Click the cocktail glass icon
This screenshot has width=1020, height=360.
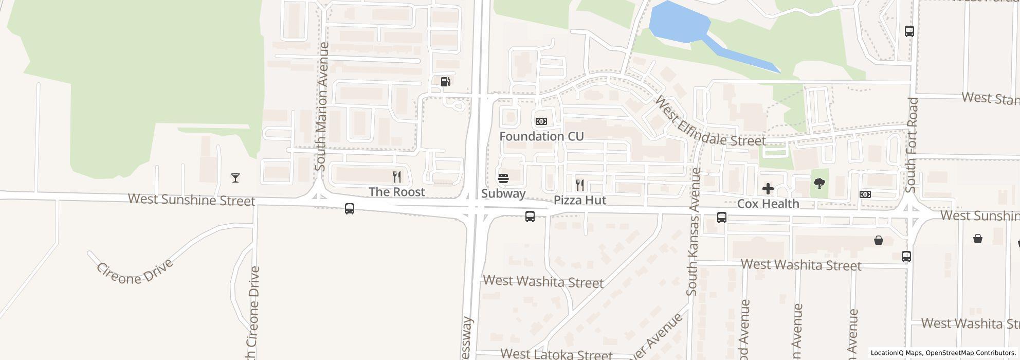[235, 178]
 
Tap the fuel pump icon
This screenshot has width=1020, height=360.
[446, 81]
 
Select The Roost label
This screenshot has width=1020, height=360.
[397, 192]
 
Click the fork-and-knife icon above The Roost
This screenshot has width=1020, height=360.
[397, 177]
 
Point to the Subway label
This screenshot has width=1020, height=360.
[503, 193]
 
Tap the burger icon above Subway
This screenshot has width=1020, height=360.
[504, 178]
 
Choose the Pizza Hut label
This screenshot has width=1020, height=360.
[580, 200]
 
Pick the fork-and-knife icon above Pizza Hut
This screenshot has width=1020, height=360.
[580, 185]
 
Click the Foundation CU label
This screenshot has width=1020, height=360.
[541, 136]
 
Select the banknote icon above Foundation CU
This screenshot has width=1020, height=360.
[541, 121]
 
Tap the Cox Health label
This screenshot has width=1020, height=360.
[768, 204]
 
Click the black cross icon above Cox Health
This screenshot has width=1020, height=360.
[768, 189]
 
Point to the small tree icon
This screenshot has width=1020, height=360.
[819, 183]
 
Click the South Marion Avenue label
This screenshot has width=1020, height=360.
[322, 106]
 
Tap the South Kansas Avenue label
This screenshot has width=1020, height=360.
[693, 231]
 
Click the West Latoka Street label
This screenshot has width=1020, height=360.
[556, 354]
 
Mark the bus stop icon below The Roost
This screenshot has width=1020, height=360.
[350, 209]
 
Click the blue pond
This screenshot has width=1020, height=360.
[679, 23]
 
